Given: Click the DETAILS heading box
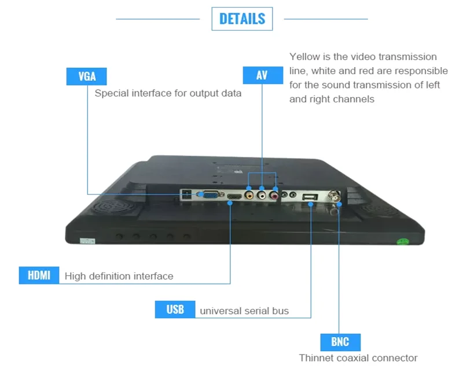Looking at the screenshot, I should pos(242,19).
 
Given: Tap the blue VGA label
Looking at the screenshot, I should pos(86,76).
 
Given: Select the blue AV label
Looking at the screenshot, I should pos(262,75).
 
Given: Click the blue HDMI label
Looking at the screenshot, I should pos(39,275).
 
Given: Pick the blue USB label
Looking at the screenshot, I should pos(175,309).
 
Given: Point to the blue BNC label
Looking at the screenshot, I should pos(340,341).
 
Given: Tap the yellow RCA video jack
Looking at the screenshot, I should pos(249,196).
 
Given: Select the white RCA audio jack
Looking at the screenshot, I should pos(262,197).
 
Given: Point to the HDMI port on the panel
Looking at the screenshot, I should pos(233,198).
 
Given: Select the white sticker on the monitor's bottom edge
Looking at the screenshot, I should pos(87,240).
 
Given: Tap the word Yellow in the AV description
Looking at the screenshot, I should pos(304,57).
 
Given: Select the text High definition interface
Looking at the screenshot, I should pos(119,276).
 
